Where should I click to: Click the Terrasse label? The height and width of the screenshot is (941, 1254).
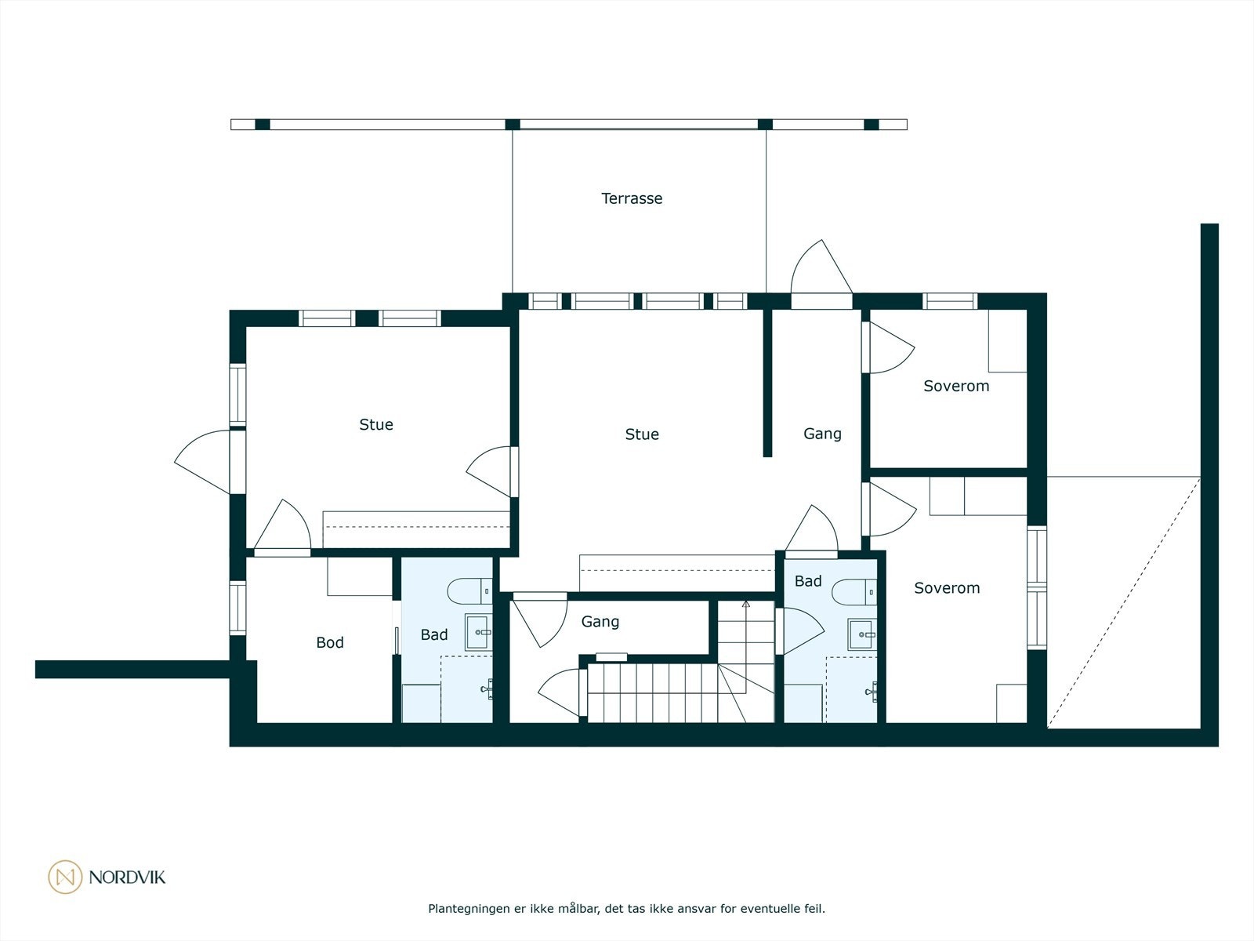tap(632, 198)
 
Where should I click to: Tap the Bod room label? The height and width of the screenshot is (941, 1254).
tap(330, 643)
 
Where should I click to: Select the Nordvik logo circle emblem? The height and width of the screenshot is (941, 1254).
tap(65, 877)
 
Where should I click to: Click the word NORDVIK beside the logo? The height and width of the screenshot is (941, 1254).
tap(128, 877)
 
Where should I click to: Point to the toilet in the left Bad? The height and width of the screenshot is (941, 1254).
tap(469, 591)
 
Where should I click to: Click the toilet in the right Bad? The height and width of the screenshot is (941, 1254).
tap(854, 592)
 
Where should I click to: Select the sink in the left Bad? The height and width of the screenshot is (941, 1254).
tap(478, 632)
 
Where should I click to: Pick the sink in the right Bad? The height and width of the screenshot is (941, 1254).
tap(862, 634)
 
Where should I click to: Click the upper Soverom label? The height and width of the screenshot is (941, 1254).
tap(956, 387)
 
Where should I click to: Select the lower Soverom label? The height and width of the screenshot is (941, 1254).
tap(947, 588)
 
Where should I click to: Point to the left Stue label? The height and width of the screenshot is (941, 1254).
tap(376, 424)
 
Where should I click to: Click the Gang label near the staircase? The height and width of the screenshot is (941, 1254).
tap(600, 622)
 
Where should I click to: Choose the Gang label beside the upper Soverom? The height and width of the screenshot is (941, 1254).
tap(822, 434)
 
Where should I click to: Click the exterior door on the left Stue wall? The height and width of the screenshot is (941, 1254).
tap(209, 462)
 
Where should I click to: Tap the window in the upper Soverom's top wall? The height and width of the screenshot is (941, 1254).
tap(950, 301)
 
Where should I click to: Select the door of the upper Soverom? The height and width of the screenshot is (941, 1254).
tap(888, 347)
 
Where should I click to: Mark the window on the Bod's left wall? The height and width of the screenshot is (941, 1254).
tap(237, 608)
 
